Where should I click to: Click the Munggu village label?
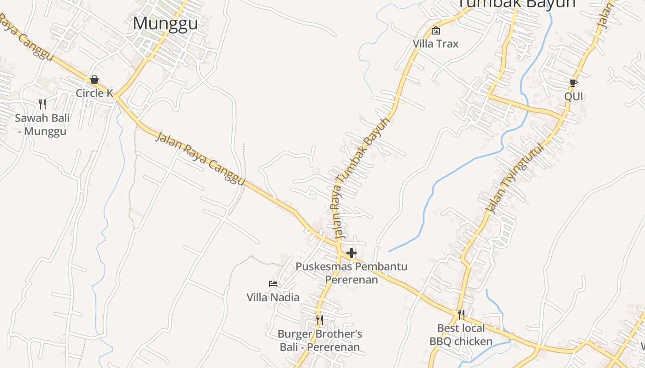click(165, 23)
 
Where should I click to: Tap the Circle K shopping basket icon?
click(94, 80)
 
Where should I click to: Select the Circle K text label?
click(94, 93)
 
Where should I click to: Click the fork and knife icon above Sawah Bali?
click(42, 104)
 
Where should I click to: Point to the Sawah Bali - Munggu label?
click(42, 125)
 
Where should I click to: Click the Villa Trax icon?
click(435, 31)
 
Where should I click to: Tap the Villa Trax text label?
click(435, 44)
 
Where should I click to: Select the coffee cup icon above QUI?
click(574, 83)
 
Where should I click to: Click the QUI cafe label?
click(574, 97)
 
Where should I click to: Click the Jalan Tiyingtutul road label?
click(515, 179)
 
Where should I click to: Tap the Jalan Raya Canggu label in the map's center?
click(200, 159)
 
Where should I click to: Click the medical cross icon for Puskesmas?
click(352, 253)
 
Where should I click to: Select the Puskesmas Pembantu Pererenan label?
click(352, 273)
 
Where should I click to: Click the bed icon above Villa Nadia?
click(273, 284)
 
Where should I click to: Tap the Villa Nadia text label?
click(273, 297)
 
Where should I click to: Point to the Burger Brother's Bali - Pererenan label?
click(320, 340)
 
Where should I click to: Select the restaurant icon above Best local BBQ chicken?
click(461, 315)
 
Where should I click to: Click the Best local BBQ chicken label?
click(461, 335)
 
